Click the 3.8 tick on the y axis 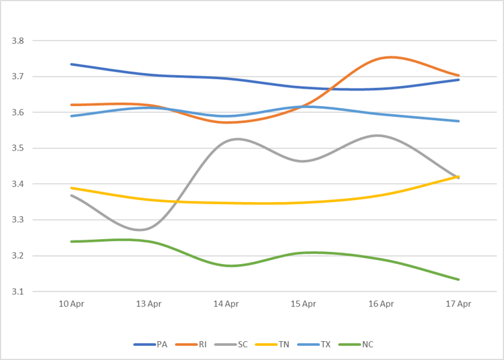18,41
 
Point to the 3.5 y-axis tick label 18,148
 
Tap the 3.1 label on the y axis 18,292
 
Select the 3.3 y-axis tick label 18,220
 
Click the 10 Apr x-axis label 71,304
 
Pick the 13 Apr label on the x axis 149,304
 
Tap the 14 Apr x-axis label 226,304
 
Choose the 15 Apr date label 303,304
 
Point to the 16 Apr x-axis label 381,304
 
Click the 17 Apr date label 458,304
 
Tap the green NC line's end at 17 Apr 458,279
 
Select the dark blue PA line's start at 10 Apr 71,64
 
